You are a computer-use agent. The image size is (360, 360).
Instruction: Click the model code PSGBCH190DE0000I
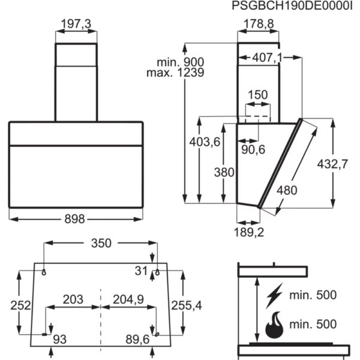coord(292,5)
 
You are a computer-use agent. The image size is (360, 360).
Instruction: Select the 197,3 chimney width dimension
coord(76,24)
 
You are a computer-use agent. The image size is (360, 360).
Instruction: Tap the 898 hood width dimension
coord(74,219)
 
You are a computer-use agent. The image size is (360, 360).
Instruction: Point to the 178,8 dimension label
coord(259,24)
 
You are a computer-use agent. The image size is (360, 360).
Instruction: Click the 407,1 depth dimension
coord(267,58)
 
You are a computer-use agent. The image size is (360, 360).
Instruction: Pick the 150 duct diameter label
coord(258,95)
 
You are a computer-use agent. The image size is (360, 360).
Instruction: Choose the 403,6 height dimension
coord(205,142)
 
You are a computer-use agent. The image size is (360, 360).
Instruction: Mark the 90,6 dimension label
coord(253,149)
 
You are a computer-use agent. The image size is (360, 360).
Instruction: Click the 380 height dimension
coord(224,172)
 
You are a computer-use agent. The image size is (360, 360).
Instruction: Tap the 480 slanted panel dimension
coord(287,190)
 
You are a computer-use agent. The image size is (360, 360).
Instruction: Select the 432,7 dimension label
coord(332,164)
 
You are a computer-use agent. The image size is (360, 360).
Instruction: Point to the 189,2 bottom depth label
coord(249,232)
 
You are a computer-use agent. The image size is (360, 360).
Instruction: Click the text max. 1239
coord(175,73)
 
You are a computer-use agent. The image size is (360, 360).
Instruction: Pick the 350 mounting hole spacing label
coord(101,243)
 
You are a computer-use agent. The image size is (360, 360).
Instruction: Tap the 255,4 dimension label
coord(187,305)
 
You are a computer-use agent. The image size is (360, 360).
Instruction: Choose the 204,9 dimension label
coord(128,299)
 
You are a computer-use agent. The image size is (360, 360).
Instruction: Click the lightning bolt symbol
coord(275,296)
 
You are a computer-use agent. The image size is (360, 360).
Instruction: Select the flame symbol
coord(274,325)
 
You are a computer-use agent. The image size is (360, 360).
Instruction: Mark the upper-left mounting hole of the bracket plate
coord(44,272)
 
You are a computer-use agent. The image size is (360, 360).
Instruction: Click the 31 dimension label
coord(141,271)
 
